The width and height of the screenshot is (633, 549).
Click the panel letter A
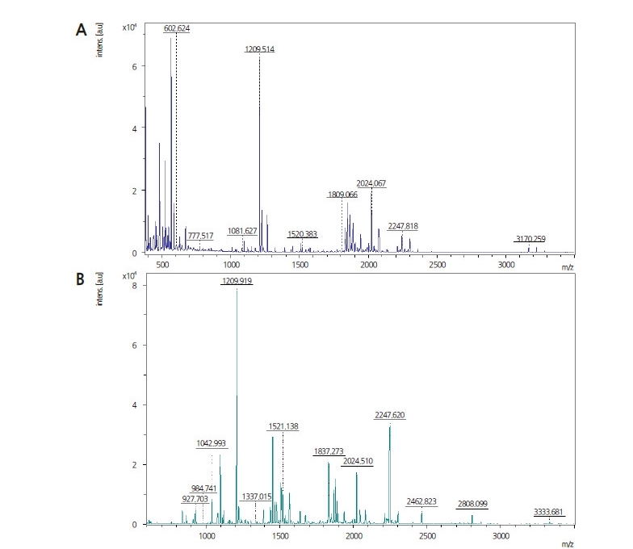point(81,29)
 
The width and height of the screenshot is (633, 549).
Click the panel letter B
point(81,280)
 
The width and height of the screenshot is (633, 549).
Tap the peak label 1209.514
point(260,49)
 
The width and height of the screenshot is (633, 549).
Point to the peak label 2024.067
point(371,183)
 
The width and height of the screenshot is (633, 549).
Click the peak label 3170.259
point(530,238)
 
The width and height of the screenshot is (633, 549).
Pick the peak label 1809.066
point(343,195)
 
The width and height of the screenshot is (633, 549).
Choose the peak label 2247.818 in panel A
point(403,226)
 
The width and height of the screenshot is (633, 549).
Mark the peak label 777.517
point(200,236)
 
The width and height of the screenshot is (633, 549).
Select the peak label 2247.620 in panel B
point(390,415)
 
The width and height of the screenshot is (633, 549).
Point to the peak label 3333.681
point(549,512)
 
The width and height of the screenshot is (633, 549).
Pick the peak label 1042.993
point(212,443)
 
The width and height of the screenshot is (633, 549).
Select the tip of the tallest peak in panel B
point(237,290)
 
